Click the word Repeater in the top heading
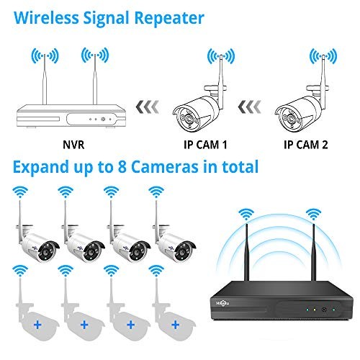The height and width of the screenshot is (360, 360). click(x=169, y=18)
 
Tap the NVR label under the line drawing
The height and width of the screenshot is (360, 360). click(x=73, y=145)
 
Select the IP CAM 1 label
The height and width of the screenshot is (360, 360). click(x=205, y=145)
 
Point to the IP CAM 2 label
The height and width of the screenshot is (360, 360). click(x=306, y=145)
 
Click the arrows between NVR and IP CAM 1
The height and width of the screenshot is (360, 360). click(x=148, y=107)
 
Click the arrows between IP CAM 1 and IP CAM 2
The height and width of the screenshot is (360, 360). click(x=250, y=107)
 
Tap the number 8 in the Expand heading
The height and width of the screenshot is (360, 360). click(x=122, y=167)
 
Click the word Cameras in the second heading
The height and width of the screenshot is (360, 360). click(x=165, y=167)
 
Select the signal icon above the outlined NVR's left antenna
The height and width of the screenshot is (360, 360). click(x=45, y=55)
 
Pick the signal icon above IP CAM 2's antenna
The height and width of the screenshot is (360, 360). click(x=323, y=56)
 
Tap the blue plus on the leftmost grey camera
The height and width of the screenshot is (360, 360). click(x=37, y=325)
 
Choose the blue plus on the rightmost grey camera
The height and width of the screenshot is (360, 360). click(x=176, y=325)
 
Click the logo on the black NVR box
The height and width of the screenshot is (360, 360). click(x=222, y=303)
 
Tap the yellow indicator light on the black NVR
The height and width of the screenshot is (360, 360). click(x=315, y=310)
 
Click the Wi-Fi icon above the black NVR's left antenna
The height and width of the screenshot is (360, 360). click(x=246, y=215)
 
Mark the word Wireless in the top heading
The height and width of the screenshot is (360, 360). click(x=46, y=18)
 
